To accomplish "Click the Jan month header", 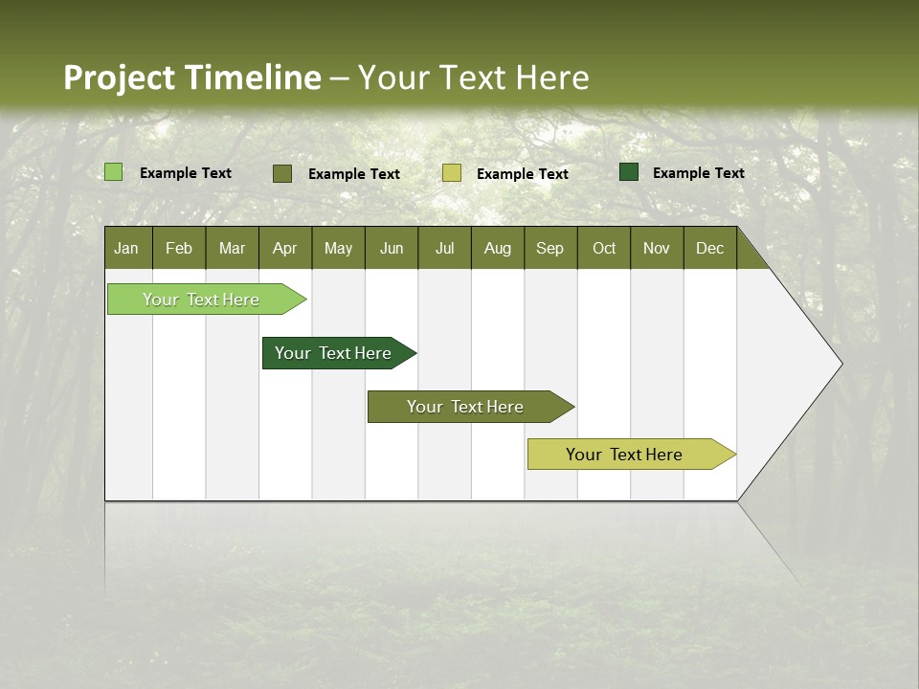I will tap(126, 248).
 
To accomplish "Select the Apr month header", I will tap(284, 248).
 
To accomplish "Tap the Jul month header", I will tap(444, 248).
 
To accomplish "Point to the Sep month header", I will tap(549, 248).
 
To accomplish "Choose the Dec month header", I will tap(709, 248).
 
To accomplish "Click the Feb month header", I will tap(179, 248).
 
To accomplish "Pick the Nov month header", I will tap(656, 248).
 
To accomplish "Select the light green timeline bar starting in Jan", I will tap(201, 300).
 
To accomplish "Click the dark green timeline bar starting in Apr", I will tap(333, 353).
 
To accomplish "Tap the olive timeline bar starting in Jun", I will tap(465, 407).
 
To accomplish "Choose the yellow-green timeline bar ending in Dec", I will tap(624, 455).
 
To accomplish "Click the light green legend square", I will tap(113, 172).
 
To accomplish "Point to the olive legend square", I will tap(281, 173).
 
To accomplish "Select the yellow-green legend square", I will tap(452, 173).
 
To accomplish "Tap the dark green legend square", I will tap(629, 172).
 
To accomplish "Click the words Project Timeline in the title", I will tap(191, 78).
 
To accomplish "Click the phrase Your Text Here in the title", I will tap(473, 78).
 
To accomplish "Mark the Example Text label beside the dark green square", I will tap(698, 172).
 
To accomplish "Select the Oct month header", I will tap(603, 248).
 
